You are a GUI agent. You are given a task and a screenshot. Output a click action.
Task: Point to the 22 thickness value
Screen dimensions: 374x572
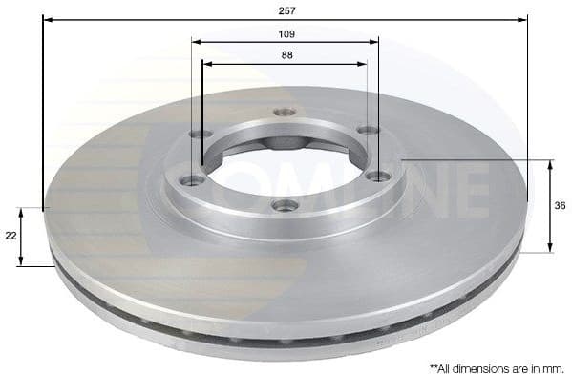[x=11, y=235]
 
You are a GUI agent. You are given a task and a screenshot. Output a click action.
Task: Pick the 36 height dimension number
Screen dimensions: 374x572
[x=561, y=205]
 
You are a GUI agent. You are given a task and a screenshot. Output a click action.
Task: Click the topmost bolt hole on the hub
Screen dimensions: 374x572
[x=283, y=112]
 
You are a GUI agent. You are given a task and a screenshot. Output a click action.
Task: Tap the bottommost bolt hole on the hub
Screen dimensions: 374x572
[x=284, y=204]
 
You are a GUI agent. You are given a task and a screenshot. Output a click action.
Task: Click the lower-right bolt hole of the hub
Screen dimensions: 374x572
[x=379, y=176]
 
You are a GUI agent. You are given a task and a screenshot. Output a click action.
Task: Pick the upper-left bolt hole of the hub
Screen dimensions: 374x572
[x=196, y=134]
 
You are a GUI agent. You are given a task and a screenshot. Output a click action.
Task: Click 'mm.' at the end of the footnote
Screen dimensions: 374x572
[x=555, y=366]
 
